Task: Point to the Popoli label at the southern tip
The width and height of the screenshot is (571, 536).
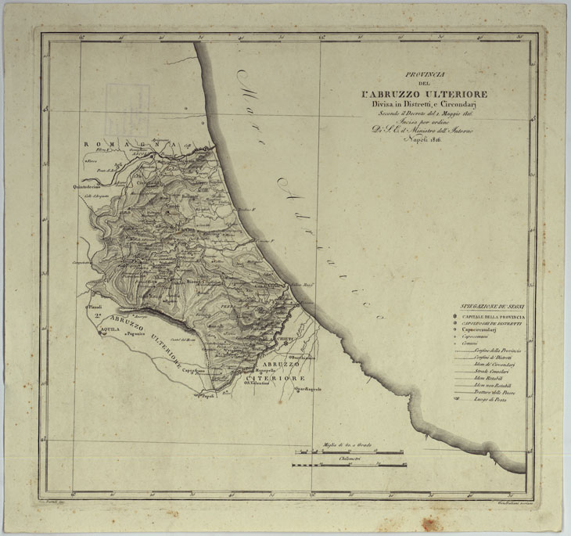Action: click(x=206, y=397)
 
